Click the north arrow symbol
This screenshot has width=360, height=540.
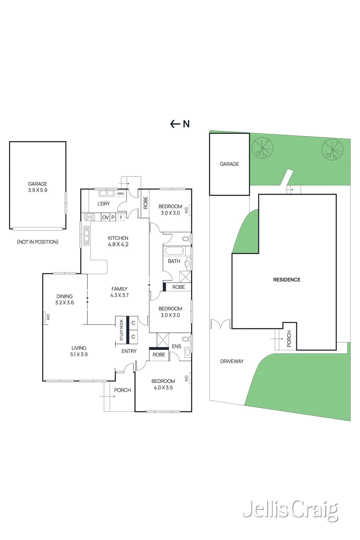tap(179, 124)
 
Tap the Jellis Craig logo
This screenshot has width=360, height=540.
tap(290, 510)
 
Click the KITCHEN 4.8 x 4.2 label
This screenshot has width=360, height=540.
tap(118, 241)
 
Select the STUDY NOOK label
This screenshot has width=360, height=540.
tap(121, 330)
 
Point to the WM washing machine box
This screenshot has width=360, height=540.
tap(120, 194)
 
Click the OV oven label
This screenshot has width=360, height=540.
tap(105, 217)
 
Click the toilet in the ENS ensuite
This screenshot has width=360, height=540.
tap(186, 339)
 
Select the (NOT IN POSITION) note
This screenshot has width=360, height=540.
tap(37, 242)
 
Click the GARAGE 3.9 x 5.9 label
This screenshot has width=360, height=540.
tap(37, 187)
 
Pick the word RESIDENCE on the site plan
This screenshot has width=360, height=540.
tap(286, 280)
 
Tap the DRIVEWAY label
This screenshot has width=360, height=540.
tap(232, 361)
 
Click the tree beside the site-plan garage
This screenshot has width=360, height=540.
tap(262, 148)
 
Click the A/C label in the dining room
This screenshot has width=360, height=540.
tap(48, 317)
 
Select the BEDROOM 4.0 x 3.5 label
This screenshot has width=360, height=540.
tap(163, 384)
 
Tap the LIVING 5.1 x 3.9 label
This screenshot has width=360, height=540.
tap(79, 351)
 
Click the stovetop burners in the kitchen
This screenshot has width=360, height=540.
tap(89, 217)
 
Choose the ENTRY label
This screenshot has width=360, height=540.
tap(129, 351)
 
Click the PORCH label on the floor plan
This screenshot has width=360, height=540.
tap(122, 390)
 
